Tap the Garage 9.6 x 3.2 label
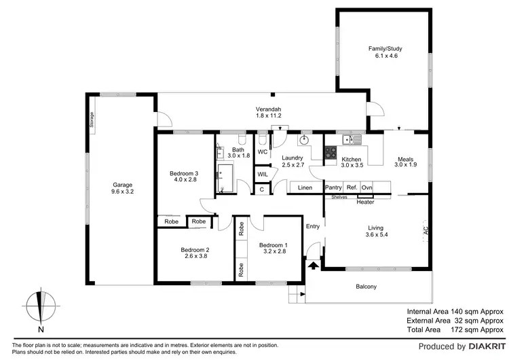click(122, 189)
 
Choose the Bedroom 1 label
click(273, 249)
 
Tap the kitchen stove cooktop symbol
click(331, 153)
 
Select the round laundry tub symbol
click(305, 141)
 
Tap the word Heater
click(365, 202)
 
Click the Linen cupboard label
click(305, 187)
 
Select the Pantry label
click(333, 187)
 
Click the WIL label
click(263, 175)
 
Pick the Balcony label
click(366, 287)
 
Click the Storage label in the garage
click(92, 120)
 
